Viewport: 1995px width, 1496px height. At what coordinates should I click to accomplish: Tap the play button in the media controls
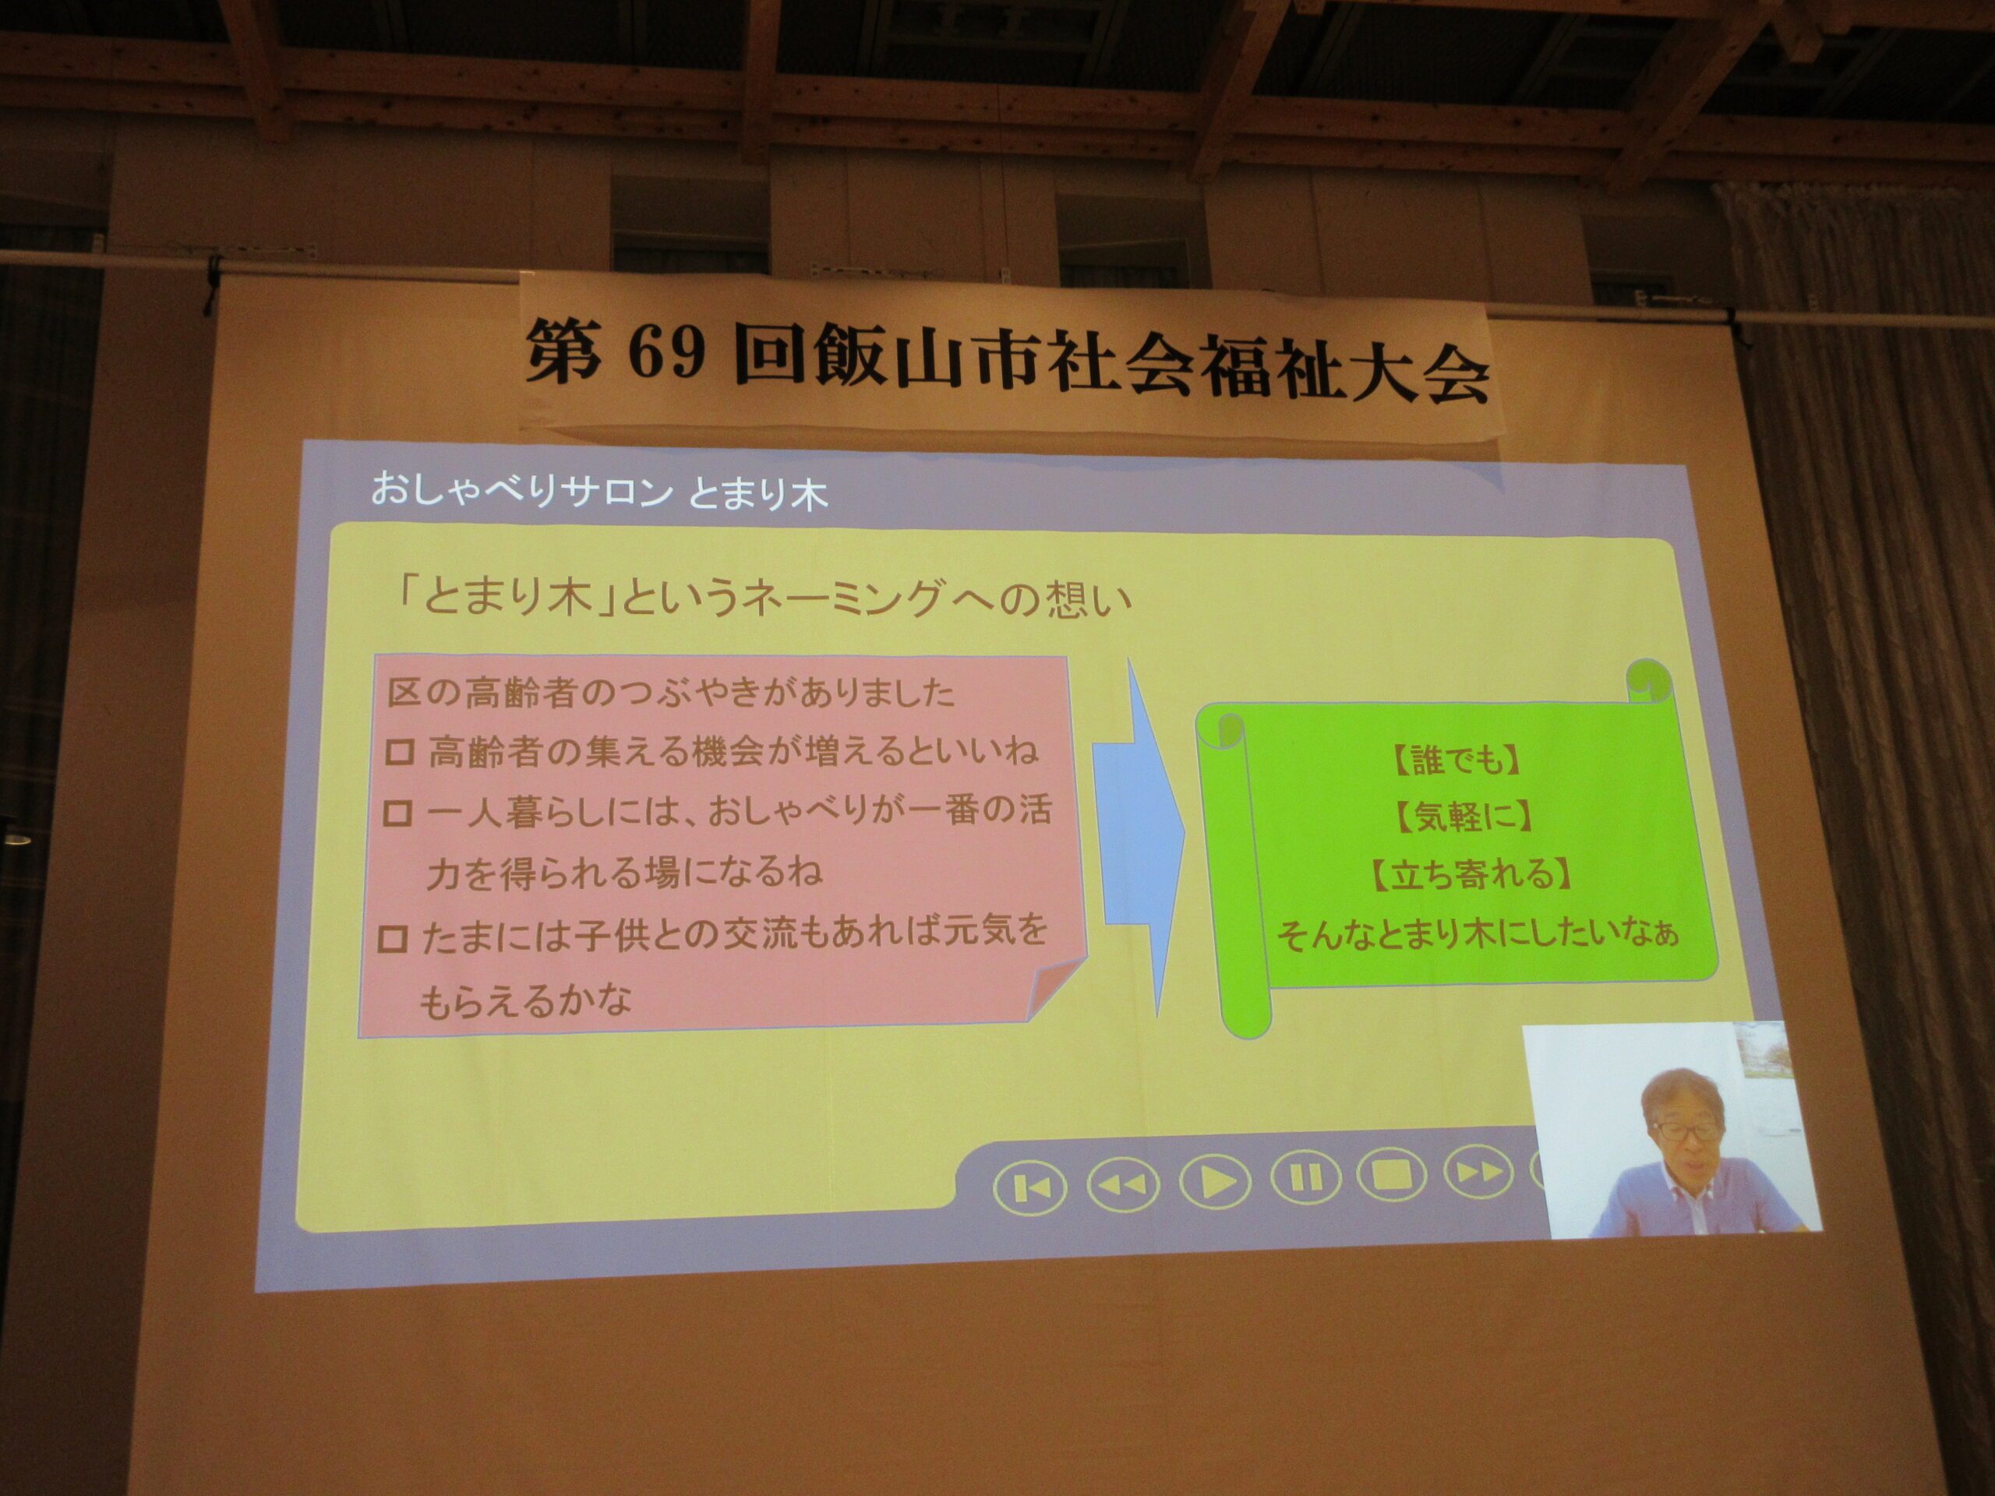tap(1214, 1180)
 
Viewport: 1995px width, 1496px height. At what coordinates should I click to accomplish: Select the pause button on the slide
tap(1305, 1177)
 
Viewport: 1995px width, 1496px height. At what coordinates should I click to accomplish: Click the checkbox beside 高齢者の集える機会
tap(400, 753)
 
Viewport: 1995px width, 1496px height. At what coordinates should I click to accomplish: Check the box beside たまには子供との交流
tap(392, 940)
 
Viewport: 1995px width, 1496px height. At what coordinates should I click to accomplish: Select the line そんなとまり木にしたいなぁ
tap(1478, 935)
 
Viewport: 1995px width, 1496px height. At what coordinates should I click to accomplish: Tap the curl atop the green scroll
tap(1649, 683)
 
